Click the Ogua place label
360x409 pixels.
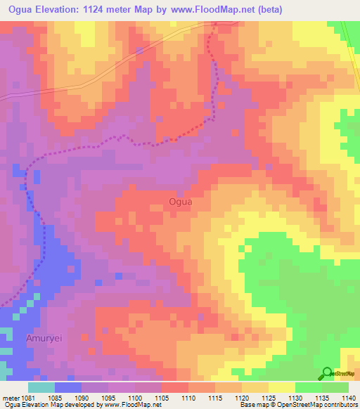coord(181,202)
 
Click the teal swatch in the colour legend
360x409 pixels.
coord(41,387)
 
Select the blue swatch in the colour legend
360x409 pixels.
coord(68,387)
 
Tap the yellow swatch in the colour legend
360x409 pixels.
coord(282,387)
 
